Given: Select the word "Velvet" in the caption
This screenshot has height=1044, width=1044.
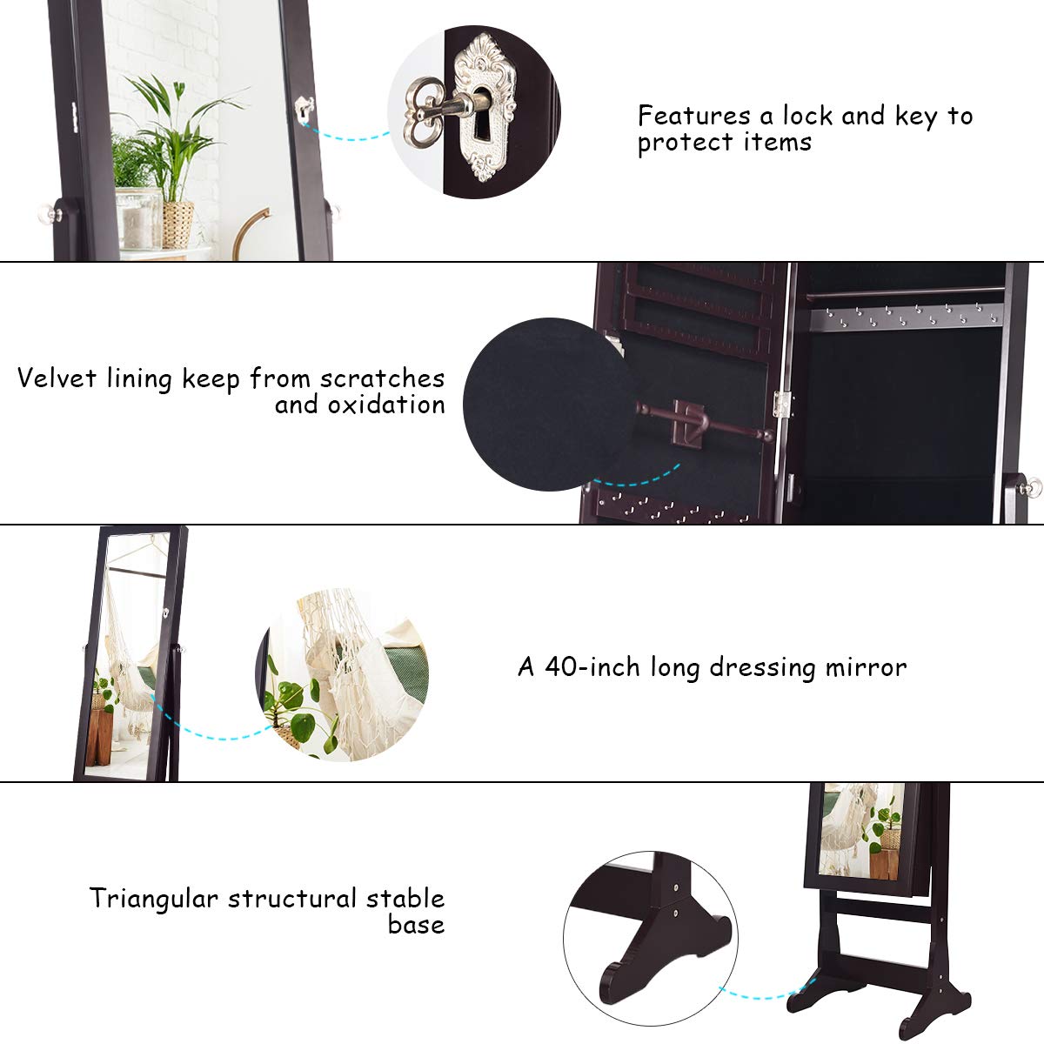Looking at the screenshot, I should coord(57,378).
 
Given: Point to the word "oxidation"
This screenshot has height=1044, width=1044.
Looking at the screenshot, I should coord(386,405).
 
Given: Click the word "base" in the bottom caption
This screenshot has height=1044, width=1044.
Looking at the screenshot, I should coord(416,924).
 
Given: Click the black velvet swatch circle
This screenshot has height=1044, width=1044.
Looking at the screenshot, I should coord(548,405).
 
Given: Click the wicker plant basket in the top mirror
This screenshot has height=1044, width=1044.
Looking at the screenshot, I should coord(177,223).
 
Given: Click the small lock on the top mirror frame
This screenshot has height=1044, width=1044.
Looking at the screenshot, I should coord(304,109).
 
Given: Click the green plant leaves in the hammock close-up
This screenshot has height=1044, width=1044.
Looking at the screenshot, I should coord(296,700).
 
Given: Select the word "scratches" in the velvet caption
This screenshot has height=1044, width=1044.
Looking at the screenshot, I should coord(382,378).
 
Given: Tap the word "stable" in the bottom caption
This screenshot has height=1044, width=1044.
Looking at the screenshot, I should coord(405,898).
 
